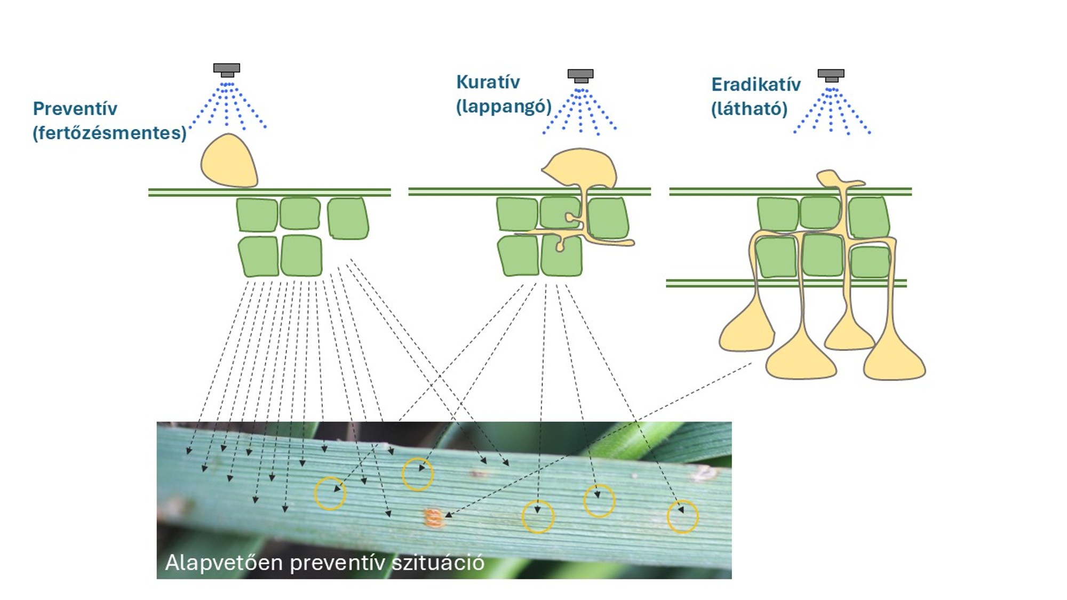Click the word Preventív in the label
pyautogui.click(x=75, y=109)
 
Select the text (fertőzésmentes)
pyautogui.click(x=109, y=133)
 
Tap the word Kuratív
pyautogui.click(x=488, y=82)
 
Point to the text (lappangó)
pyautogui.click(x=503, y=106)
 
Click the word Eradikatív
pyautogui.click(x=755, y=85)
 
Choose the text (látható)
pyautogui.click(x=749, y=109)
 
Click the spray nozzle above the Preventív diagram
pyautogui.click(x=227, y=69)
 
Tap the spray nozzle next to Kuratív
pyautogui.click(x=580, y=75)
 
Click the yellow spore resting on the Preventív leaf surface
pyautogui.click(x=229, y=162)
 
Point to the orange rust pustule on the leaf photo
pyautogui.click(x=434, y=518)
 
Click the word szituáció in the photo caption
pyautogui.click(x=437, y=563)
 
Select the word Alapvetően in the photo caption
pyautogui.click(x=224, y=563)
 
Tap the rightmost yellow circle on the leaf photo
pyautogui.click(x=682, y=516)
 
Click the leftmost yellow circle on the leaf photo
pyautogui.click(x=330, y=493)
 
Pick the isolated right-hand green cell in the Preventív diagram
pyautogui.click(x=347, y=218)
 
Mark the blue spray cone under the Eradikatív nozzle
pyautogui.click(x=831, y=112)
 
